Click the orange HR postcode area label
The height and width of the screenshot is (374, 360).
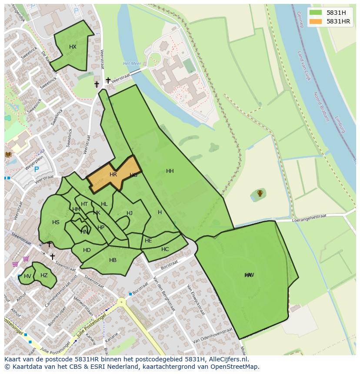coord(113,175)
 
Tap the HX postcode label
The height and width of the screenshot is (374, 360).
coord(73,47)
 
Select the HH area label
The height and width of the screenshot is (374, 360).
coord(170,171)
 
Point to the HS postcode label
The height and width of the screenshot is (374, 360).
coord(56,222)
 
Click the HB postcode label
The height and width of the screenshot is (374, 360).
coord(113,260)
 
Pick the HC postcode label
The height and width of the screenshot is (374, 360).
coord(165,249)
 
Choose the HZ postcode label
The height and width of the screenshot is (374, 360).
coord(44,275)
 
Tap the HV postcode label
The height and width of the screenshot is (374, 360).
coord(27,276)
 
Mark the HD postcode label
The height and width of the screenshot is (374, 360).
coord(87,250)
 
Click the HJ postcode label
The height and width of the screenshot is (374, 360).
coord(130,213)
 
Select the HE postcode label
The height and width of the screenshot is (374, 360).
coord(148,241)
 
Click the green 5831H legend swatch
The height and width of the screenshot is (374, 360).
coord(315,12)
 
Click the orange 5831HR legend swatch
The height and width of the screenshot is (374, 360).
coord(315,21)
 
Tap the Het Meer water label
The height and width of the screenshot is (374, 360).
coord(132,63)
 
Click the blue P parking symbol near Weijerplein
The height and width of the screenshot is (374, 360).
coord(37,170)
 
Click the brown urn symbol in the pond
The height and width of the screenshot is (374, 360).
coord(260,193)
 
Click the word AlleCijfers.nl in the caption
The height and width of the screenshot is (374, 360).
coord(228,359)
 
